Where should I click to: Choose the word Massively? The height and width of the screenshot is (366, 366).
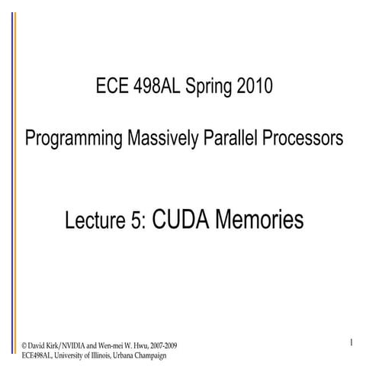click(158, 140)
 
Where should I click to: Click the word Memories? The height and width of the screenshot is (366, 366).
click(261, 220)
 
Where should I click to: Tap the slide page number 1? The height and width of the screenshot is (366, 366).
click(350, 343)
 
